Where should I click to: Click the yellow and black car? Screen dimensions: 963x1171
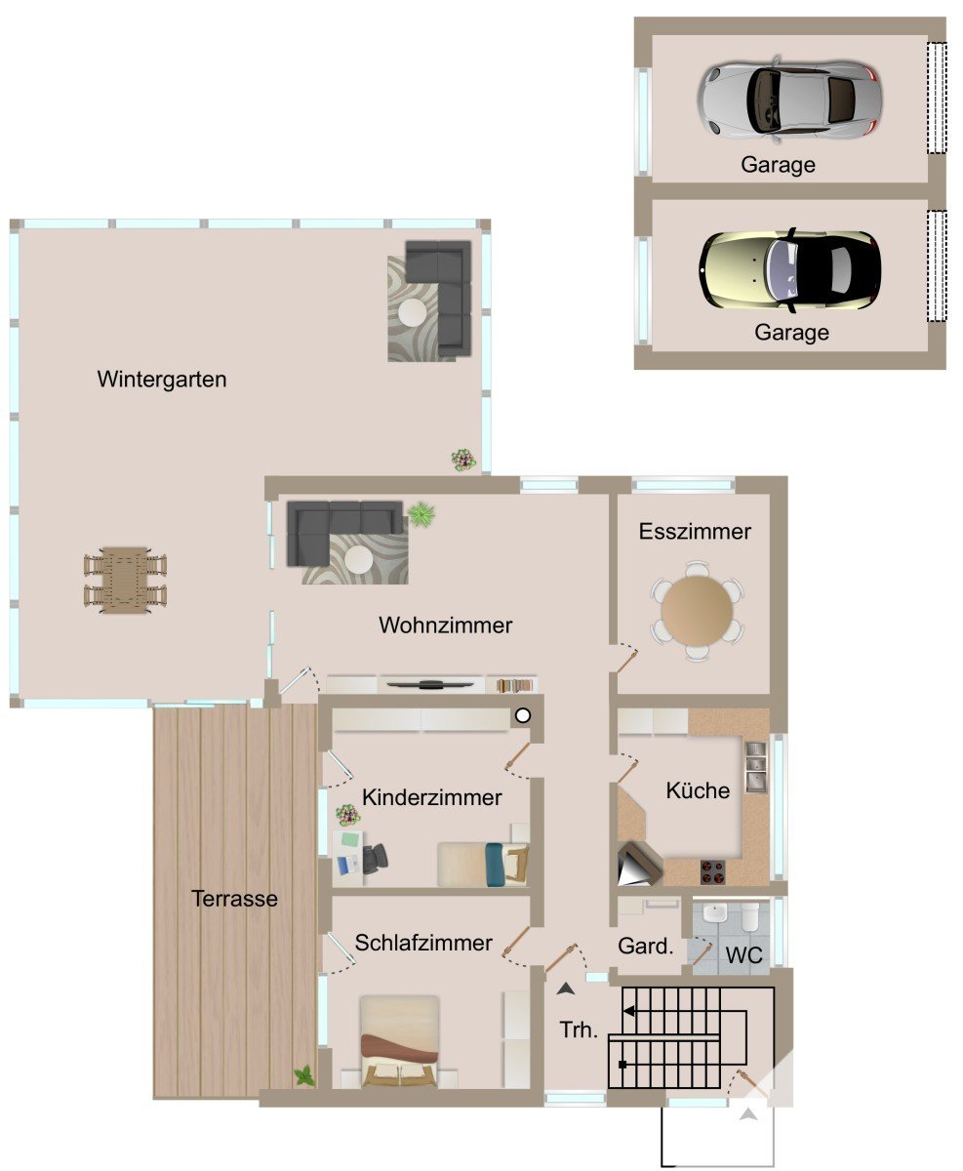pyautogui.click(x=789, y=270)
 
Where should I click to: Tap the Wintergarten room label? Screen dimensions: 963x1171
pyautogui.click(x=162, y=380)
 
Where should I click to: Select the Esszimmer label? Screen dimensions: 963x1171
pyautogui.click(x=695, y=532)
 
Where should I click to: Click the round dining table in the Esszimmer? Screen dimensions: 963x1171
pyautogui.click(x=698, y=610)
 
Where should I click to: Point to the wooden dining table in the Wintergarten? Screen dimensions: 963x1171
pyautogui.click(x=126, y=580)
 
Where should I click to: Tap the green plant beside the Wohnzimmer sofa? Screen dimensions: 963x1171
pyautogui.click(x=421, y=514)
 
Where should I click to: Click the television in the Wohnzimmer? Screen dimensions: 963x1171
pyautogui.click(x=427, y=684)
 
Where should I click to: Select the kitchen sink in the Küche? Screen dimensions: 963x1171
pyautogui.click(x=755, y=766)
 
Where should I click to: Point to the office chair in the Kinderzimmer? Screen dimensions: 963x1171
pyautogui.click(x=376, y=856)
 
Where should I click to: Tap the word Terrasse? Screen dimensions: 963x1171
pyautogui.click(x=234, y=899)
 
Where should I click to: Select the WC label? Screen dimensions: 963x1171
pyautogui.click(x=743, y=955)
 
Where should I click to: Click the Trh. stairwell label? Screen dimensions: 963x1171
pyautogui.click(x=579, y=1030)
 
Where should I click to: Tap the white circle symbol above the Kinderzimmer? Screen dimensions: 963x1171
pyautogui.click(x=522, y=715)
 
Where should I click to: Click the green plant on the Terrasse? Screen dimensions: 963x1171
pyautogui.click(x=304, y=1075)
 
